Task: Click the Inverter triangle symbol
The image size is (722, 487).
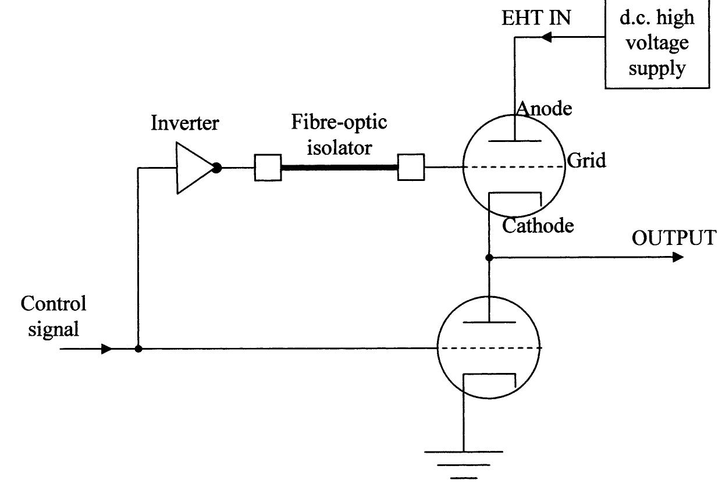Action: [193, 168]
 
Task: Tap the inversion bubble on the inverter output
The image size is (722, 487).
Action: [217, 168]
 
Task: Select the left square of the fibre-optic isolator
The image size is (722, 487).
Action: [268, 168]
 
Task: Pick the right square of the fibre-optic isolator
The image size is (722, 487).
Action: [411, 167]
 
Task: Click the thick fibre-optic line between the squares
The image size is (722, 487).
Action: [339, 168]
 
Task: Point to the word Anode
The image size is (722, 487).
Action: [544, 109]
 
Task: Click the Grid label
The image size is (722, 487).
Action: [586, 161]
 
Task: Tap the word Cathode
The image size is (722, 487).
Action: [538, 225]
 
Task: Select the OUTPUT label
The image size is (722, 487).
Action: [674, 238]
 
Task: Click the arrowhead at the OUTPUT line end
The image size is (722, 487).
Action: [678, 257]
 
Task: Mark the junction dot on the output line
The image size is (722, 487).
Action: [489, 258]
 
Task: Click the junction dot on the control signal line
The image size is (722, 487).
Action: [138, 349]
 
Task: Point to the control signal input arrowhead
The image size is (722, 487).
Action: [106, 349]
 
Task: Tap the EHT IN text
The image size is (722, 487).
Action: [536, 17]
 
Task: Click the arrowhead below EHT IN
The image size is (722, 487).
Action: [546, 37]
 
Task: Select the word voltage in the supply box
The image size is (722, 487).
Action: [657, 44]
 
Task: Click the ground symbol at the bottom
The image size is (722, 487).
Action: [464, 465]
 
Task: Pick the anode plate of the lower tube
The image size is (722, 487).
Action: [489, 322]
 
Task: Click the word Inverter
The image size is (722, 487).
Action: [185, 123]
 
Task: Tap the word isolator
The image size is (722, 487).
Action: [339, 148]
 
